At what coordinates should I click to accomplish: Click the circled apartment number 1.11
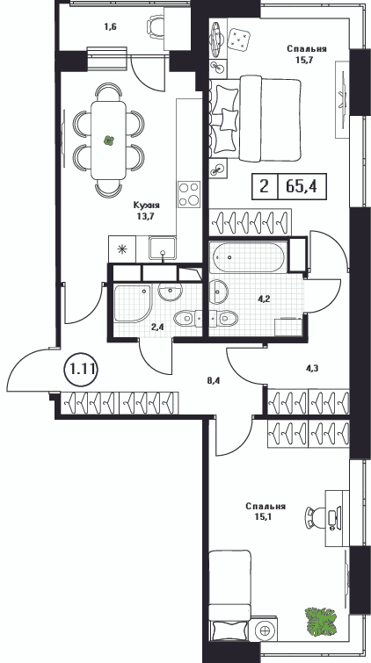[82, 370]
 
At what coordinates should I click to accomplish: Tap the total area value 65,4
[302, 186]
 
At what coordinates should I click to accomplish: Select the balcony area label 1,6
[110, 27]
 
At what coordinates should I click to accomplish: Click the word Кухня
[147, 205]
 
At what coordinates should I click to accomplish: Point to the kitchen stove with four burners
[189, 194]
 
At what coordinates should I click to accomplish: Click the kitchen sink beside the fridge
[163, 248]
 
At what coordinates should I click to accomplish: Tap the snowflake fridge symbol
[122, 249]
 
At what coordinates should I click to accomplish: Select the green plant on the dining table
[109, 141]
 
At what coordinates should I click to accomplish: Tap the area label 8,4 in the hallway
[214, 379]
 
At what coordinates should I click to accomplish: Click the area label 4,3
[312, 368]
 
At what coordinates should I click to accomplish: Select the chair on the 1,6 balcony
[156, 27]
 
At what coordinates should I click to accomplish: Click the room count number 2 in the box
[265, 186]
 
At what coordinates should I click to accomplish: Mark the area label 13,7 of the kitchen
[146, 216]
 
